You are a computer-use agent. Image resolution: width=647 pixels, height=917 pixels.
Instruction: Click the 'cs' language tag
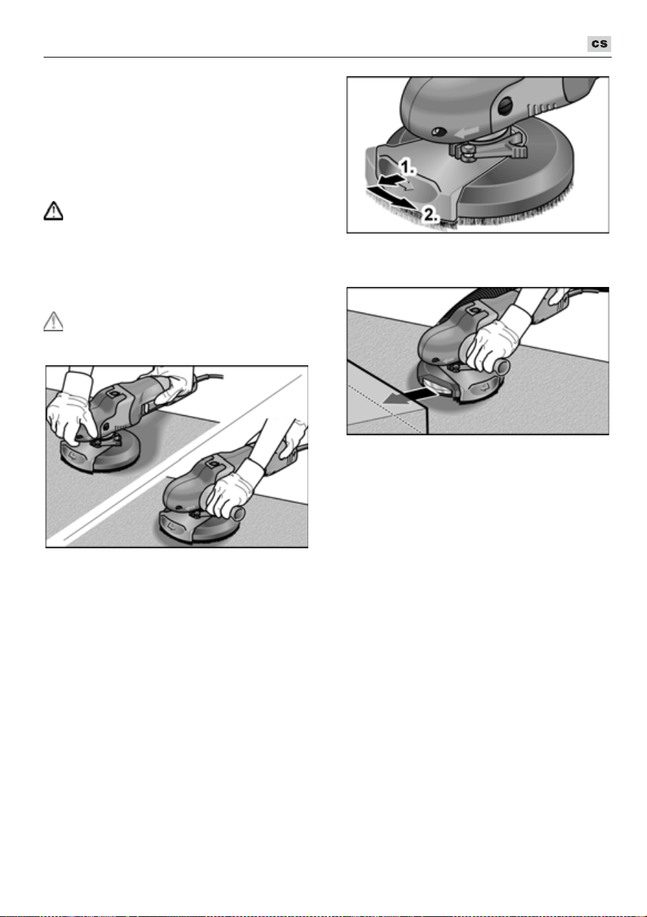(x=599, y=44)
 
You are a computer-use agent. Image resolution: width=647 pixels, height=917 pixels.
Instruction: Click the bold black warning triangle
(x=53, y=211)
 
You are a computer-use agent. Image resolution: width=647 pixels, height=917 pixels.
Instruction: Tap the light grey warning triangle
(x=53, y=322)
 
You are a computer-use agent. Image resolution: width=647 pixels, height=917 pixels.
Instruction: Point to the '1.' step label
(x=407, y=167)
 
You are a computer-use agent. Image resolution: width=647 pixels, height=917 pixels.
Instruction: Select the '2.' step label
(x=431, y=214)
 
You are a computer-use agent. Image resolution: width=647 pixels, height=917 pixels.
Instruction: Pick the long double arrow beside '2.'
(x=393, y=197)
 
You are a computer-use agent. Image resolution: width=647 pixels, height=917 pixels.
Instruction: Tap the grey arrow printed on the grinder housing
(x=468, y=132)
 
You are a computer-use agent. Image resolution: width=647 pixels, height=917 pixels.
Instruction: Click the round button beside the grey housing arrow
(x=439, y=132)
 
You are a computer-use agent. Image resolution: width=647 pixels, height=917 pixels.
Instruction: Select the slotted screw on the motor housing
(x=506, y=107)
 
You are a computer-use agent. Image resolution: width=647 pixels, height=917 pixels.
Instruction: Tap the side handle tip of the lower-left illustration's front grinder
(x=238, y=514)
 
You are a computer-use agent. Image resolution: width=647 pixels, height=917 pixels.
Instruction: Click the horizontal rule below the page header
(x=328, y=58)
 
